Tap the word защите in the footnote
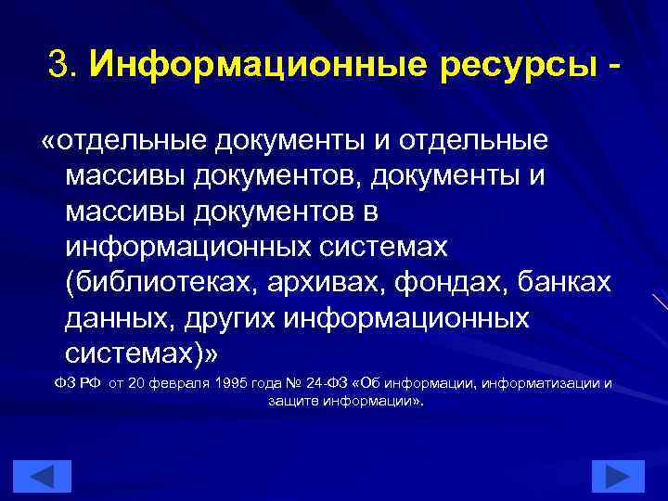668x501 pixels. point(289,402)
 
